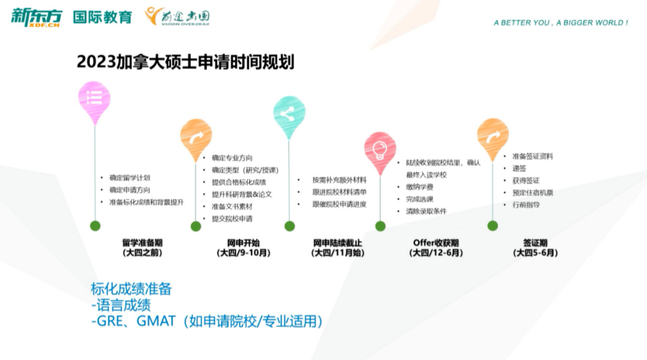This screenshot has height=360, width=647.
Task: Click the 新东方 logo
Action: click(x=37, y=16)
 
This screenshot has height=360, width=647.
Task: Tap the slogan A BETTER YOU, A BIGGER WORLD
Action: click(x=561, y=23)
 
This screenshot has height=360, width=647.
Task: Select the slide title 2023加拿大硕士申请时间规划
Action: click(x=186, y=62)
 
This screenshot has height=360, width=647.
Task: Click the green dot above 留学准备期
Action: click(x=95, y=226)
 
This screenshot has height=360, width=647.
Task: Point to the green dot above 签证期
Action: click(x=492, y=226)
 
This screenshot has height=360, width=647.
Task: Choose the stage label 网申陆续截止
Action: click(x=338, y=243)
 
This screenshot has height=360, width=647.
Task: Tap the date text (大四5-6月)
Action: click(x=536, y=253)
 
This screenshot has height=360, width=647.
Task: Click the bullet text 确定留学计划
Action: click(x=129, y=178)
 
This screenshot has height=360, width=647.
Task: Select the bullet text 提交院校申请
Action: click(x=232, y=219)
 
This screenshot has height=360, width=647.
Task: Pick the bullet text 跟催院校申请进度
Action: click(x=339, y=204)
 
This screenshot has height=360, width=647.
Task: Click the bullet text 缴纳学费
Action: click(x=419, y=187)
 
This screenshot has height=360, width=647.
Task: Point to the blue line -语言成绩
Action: click(x=121, y=305)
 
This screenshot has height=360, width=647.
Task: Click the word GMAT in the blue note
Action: click(x=157, y=321)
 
